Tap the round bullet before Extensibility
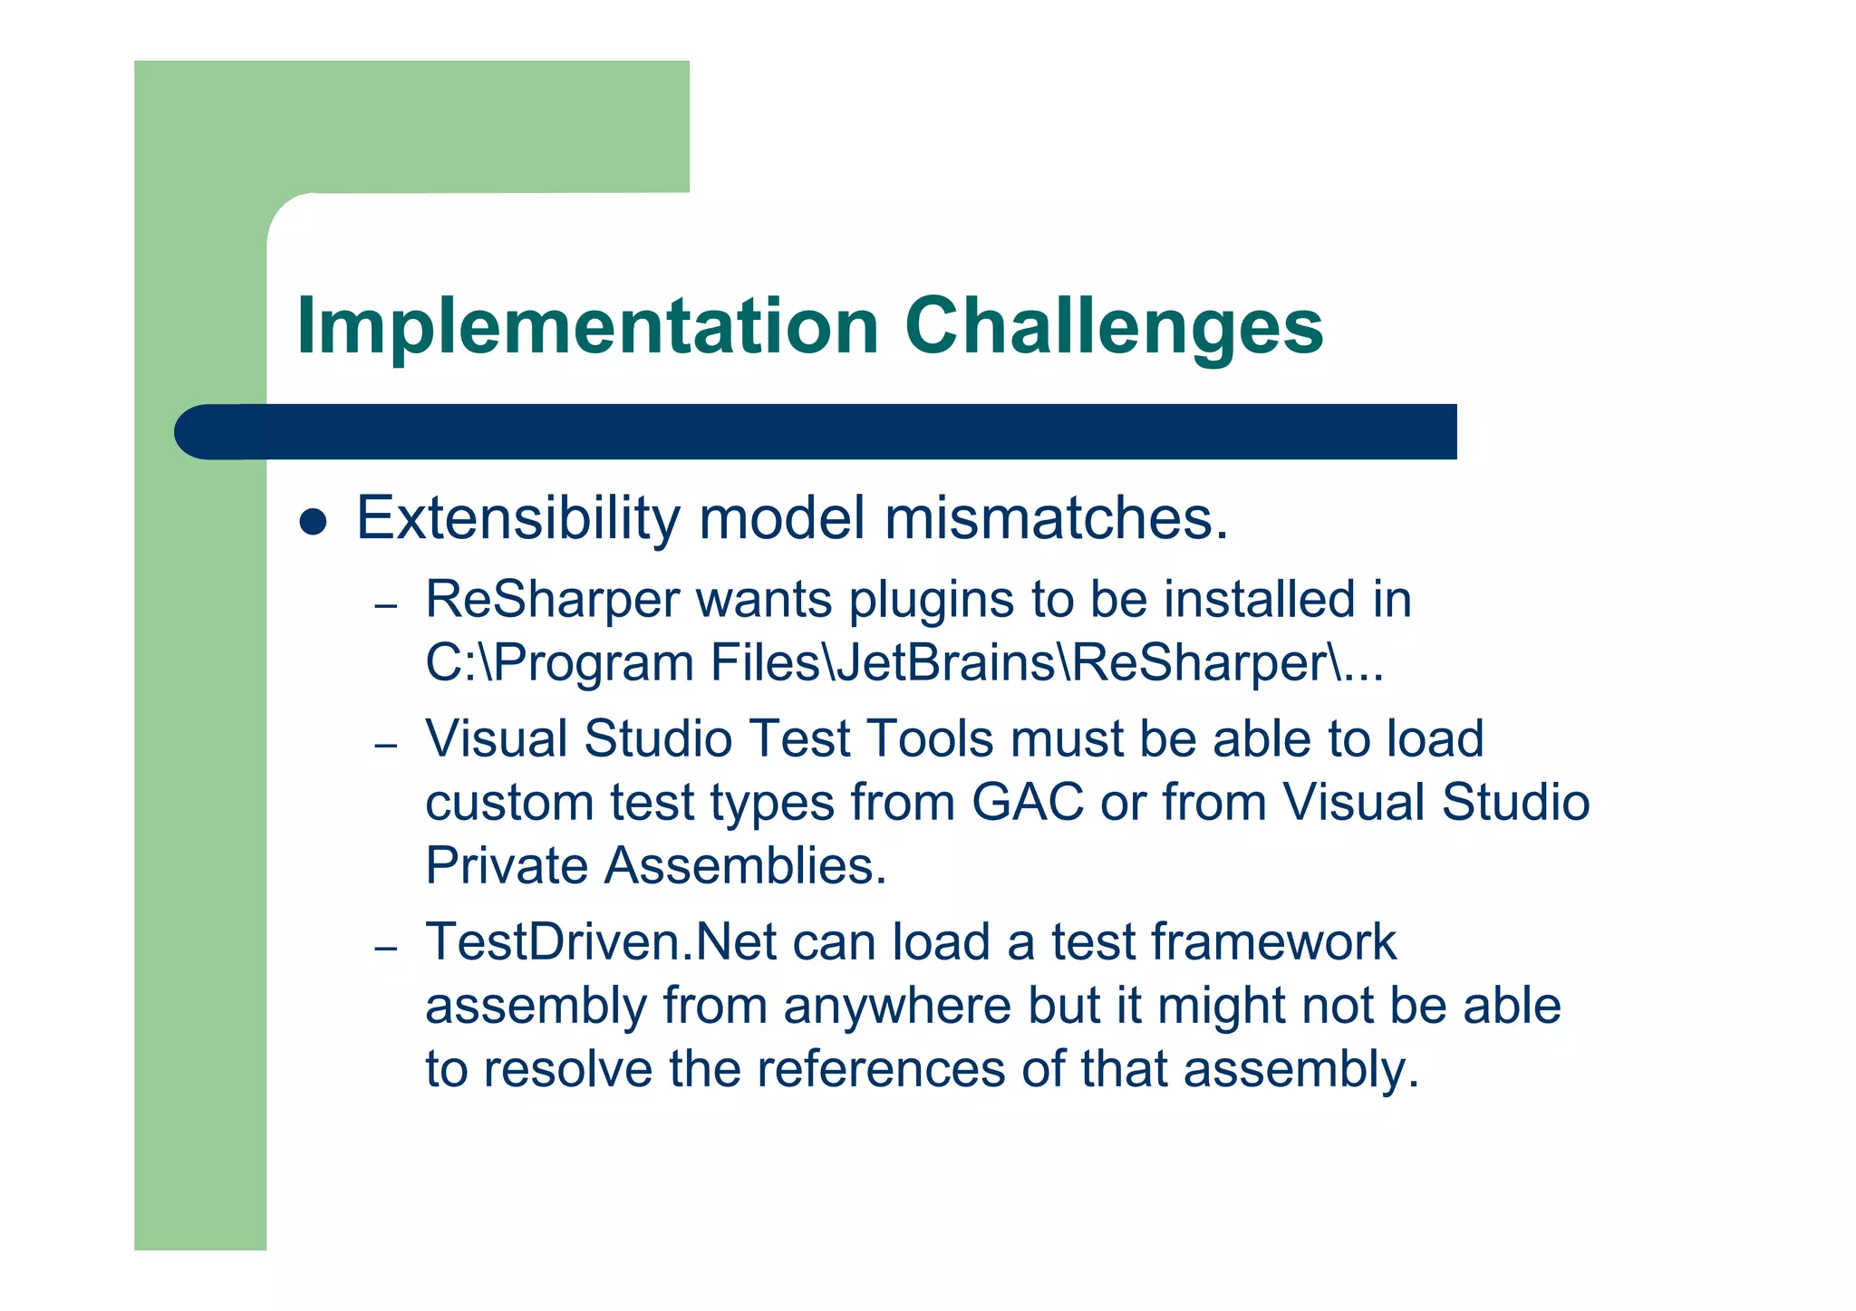pyautogui.click(x=313, y=522)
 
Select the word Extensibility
pyautogui.click(x=517, y=518)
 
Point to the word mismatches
pyautogui.click(x=1055, y=518)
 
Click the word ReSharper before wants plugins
pyautogui.click(x=552, y=600)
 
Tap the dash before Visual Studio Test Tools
pyautogui.click(x=386, y=745)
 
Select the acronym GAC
pyautogui.click(x=1027, y=803)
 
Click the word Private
pyautogui.click(x=507, y=865)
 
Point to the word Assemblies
pyautogui.click(x=745, y=865)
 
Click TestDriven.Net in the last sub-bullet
pyautogui.click(x=601, y=942)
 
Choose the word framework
pyautogui.click(x=1273, y=942)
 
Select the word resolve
pyautogui.click(x=567, y=1069)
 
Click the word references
pyautogui.click(x=881, y=1069)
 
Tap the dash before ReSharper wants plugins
pyautogui.click(x=386, y=605)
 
